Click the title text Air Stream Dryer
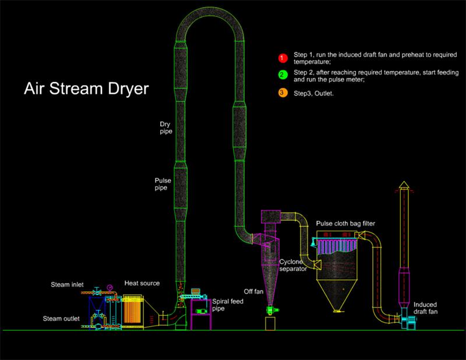point(86,90)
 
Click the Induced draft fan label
point(424,309)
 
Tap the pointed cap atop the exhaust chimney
point(404,186)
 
